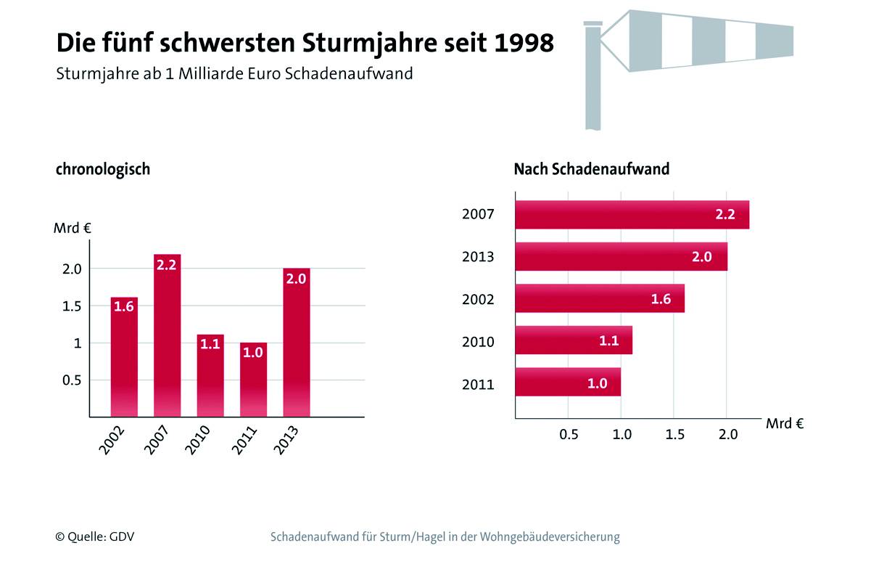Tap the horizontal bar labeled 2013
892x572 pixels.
[621, 256]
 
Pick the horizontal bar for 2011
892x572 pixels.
[568, 383]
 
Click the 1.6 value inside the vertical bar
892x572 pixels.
[123, 306]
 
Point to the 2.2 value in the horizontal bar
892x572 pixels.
[725, 214]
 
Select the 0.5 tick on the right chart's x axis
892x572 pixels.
[569, 435]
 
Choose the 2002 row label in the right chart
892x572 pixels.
[478, 299]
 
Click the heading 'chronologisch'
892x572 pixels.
[103, 169]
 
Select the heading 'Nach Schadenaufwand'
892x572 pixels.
[591, 169]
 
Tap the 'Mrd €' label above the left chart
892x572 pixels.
[72, 228]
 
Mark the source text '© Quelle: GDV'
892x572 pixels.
[95, 537]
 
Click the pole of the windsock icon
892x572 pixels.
[593, 80]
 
